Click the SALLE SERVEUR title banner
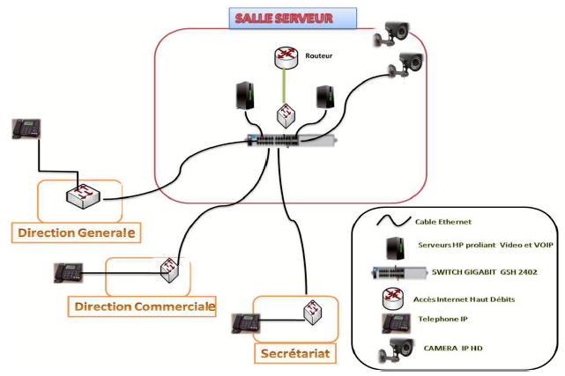pyautogui.click(x=293, y=18)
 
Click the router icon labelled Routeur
pyautogui.click(x=283, y=58)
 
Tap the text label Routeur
pyautogui.click(x=319, y=55)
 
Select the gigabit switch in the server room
pyautogui.click(x=291, y=140)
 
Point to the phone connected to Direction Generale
pyautogui.click(x=26, y=129)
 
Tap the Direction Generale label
pyautogui.click(x=75, y=232)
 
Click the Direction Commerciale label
pyautogui.click(x=141, y=306)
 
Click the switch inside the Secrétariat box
pyautogui.click(x=309, y=312)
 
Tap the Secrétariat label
pyautogui.click(x=295, y=353)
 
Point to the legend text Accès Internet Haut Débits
pyautogui.click(x=466, y=299)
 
